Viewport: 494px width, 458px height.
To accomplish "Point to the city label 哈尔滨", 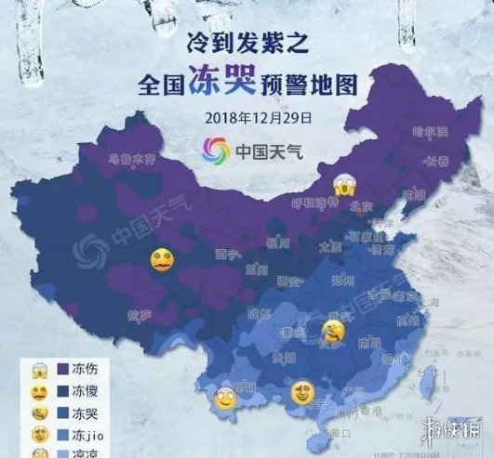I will pyautogui.click(x=430, y=131).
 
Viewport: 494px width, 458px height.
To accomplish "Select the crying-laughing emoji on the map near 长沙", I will pyautogui.click(x=330, y=328).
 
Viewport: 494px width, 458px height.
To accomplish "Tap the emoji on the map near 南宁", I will pyautogui.click(x=300, y=392).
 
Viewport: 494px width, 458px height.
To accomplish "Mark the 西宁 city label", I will pyautogui.click(x=223, y=253).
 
